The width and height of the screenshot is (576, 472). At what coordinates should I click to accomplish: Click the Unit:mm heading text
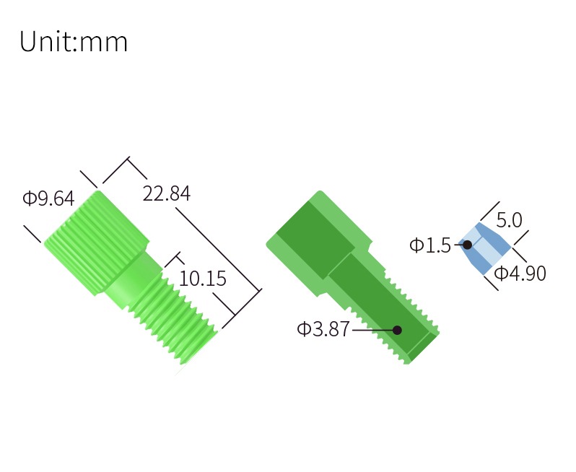[x=74, y=42]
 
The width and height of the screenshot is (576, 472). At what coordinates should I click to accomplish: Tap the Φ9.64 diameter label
[x=48, y=198]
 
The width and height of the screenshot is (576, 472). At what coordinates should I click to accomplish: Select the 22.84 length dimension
[x=167, y=193]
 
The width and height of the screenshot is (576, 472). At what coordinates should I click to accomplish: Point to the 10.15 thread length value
[x=202, y=279]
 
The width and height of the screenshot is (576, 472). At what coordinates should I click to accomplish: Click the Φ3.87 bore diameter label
[x=323, y=329]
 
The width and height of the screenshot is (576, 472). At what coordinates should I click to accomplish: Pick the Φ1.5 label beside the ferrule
[x=429, y=245]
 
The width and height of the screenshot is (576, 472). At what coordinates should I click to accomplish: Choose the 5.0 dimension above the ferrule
[x=509, y=220]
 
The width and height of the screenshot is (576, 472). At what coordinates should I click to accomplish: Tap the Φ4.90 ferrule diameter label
[x=520, y=274]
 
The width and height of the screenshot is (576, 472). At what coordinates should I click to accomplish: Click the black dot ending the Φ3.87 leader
[x=397, y=330]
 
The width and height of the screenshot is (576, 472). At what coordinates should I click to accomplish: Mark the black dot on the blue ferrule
[x=468, y=244]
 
